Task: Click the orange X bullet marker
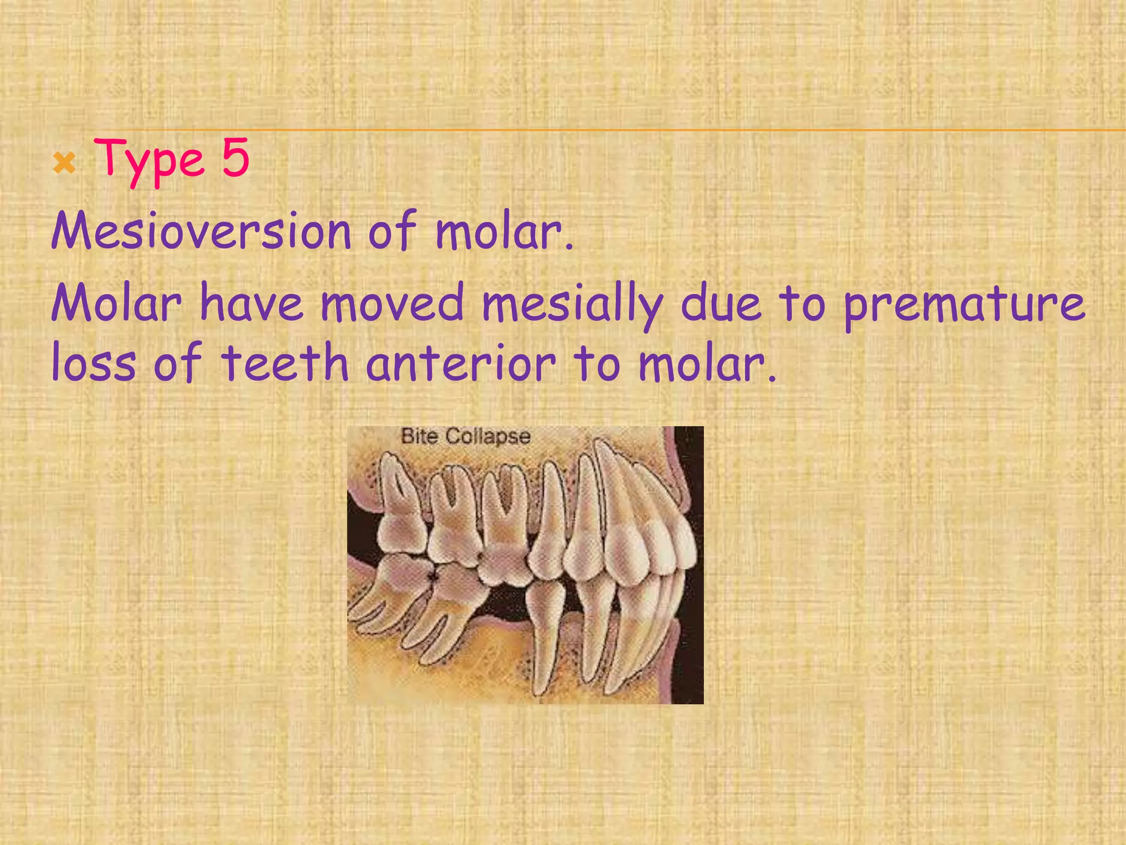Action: click(x=64, y=163)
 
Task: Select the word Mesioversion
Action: click(x=201, y=231)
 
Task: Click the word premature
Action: click(x=964, y=306)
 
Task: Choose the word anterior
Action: click(x=461, y=364)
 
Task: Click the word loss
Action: click(x=93, y=364)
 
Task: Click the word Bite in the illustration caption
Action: click(x=419, y=436)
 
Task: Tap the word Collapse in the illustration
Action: click(x=488, y=437)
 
